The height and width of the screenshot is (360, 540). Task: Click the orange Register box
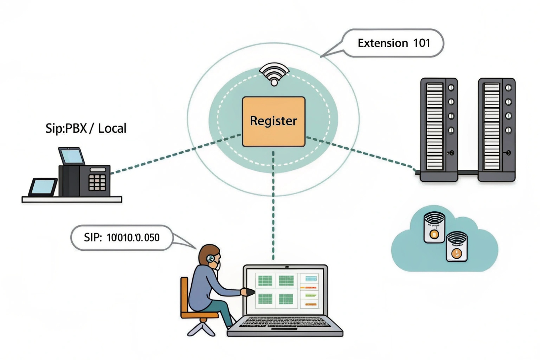[x=273, y=121]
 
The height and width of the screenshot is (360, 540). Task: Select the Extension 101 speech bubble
[x=393, y=43]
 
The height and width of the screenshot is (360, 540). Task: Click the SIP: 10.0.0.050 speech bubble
[x=122, y=238]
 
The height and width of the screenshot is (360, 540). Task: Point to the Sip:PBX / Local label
[x=86, y=128]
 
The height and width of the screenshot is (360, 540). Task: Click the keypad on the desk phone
[x=97, y=182]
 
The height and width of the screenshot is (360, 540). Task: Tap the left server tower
[x=439, y=130]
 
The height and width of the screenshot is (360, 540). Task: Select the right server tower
[x=496, y=130]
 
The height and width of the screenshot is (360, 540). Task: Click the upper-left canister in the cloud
[x=434, y=227]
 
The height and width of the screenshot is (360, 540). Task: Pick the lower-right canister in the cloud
[x=457, y=247]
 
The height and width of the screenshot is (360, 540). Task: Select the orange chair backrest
[x=184, y=295]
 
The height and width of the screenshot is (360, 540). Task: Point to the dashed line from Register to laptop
[x=273, y=206]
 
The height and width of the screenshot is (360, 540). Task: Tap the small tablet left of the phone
[x=43, y=187]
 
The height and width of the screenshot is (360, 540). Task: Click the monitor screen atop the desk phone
[x=72, y=156]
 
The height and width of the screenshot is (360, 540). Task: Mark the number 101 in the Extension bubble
[x=421, y=43]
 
